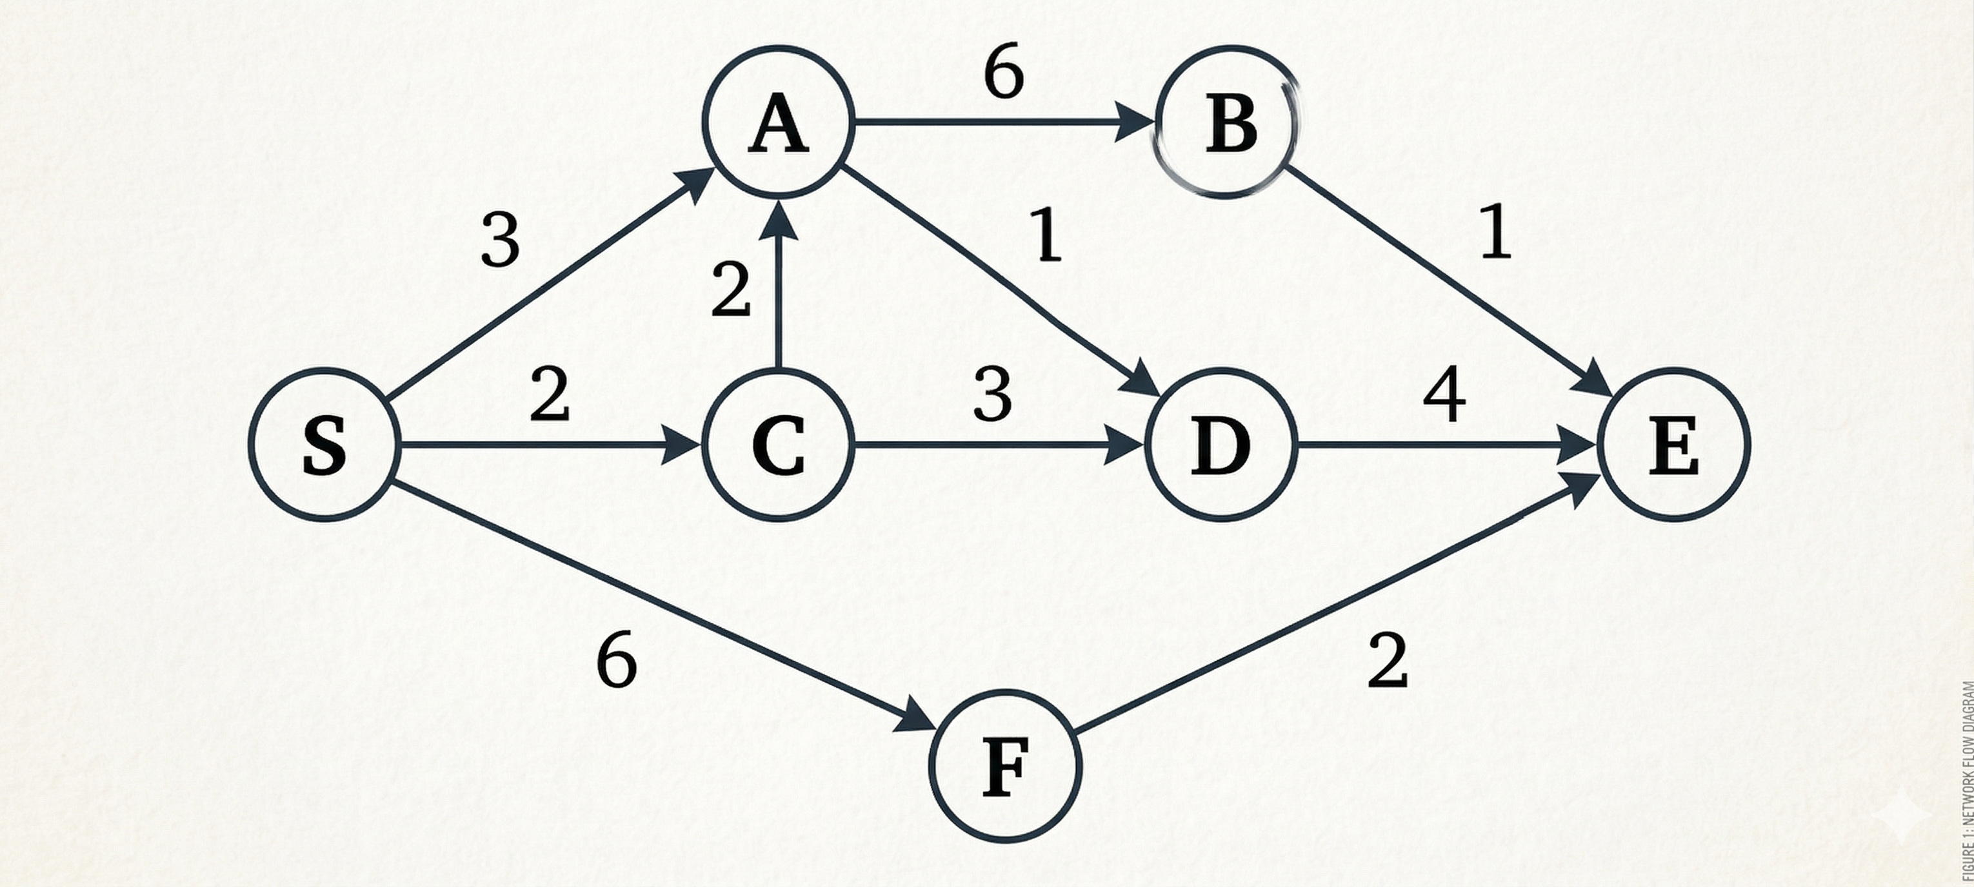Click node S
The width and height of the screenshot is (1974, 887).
tap(324, 445)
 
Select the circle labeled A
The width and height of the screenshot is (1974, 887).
tap(779, 122)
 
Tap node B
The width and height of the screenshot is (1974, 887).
tap(1228, 122)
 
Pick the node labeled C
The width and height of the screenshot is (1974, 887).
tap(779, 445)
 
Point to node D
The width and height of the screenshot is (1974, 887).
tap(1220, 445)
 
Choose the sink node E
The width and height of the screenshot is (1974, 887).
tap(1673, 445)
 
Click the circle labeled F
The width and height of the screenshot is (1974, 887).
tap(1006, 766)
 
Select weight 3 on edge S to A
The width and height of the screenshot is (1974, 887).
tap(501, 240)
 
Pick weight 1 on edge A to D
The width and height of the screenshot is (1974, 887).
tap(1048, 235)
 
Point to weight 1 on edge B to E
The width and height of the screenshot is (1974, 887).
tap(1496, 232)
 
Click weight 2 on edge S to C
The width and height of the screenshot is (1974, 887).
tap(550, 395)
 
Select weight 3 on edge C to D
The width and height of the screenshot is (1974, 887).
tap(992, 395)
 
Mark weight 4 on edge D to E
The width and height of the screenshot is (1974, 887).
tap(1444, 395)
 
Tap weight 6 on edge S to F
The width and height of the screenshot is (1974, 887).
tap(616, 660)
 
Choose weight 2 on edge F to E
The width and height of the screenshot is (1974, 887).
tap(1388, 660)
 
